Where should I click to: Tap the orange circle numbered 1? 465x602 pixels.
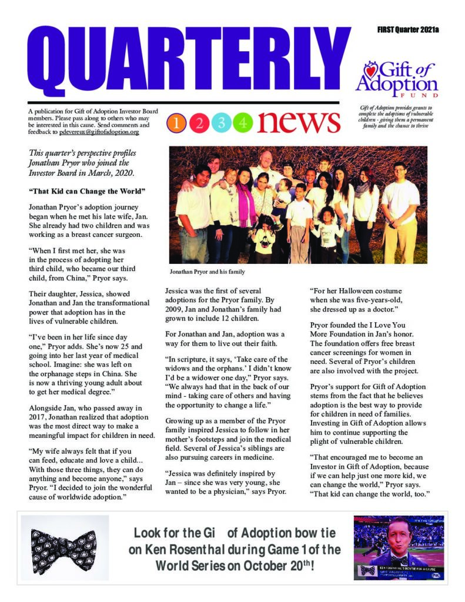coord(177,122)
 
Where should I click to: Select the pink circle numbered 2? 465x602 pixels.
coord(199,122)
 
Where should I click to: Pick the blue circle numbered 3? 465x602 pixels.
coord(222,122)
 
